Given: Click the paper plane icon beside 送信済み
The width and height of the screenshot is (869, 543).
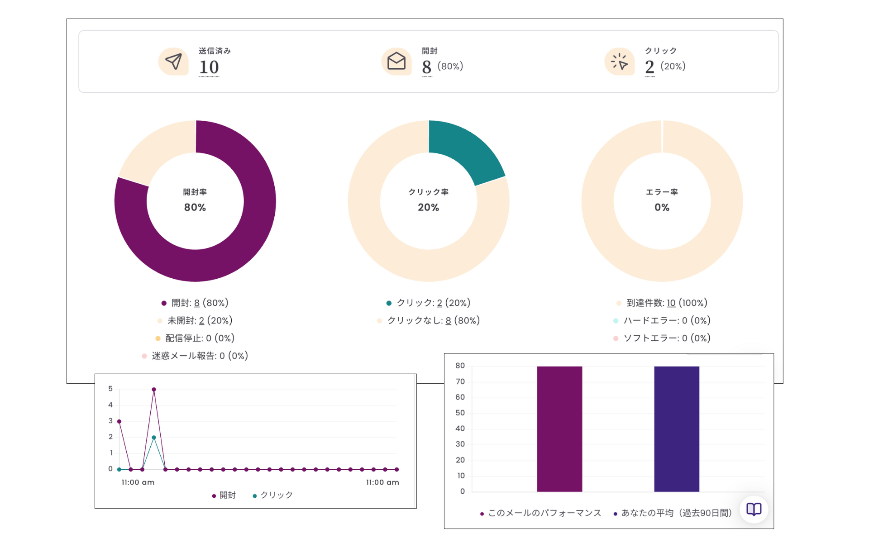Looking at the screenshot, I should [173, 62].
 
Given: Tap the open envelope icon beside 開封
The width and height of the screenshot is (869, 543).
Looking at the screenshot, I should [396, 62].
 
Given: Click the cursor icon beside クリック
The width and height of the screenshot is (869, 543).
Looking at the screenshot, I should [619, 62].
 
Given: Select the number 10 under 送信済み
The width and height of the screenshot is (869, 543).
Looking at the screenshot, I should [209, 67].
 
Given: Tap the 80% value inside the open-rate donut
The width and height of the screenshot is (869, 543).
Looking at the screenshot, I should [195, 207].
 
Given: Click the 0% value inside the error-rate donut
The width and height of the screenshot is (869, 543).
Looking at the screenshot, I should [662, 207].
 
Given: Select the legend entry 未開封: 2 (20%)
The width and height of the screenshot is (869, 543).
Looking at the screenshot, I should [200, 320].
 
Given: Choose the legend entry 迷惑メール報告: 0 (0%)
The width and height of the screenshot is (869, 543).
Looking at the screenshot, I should [200, 356].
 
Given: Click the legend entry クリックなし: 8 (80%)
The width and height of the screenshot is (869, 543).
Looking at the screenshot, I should [433, 320].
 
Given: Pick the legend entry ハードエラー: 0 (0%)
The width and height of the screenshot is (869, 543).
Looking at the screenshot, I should [667, 320].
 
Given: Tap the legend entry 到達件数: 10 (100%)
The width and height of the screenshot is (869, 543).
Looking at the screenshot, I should [667, 303].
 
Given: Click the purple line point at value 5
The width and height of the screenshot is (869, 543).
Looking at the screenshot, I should [154, 390].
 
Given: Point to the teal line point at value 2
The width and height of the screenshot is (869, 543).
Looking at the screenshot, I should [154, 438].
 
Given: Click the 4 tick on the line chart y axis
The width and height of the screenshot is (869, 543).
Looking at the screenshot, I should [110, 405].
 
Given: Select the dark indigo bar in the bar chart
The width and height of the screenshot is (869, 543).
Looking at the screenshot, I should [677, 429].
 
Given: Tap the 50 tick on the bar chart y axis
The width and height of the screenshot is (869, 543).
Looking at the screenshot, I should [460, 413].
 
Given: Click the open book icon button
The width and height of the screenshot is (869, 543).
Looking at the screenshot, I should [754, 509].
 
